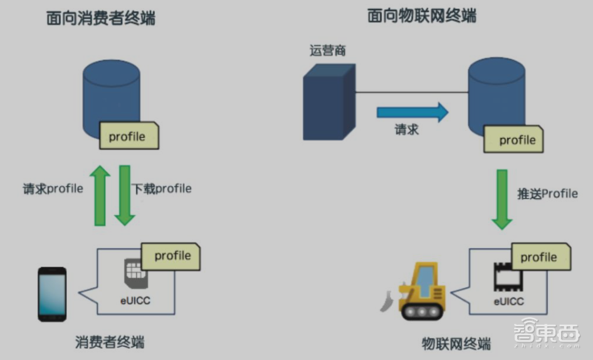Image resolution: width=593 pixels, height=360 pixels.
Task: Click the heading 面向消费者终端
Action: pyautogui.click(x=101, y=19)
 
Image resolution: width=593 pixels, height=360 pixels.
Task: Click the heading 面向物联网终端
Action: pyautogui.click(x=422, y=16)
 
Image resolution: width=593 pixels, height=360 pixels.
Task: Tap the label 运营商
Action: pyautogui.click(x=327, y=50)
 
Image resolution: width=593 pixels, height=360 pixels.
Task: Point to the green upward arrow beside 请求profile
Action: pyautogui.click(x=100, y=196)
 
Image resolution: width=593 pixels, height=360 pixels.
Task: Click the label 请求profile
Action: pyautogui.click(x=53, y=189)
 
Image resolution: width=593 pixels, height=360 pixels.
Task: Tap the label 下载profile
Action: pyautogui.click(x=162, y=189)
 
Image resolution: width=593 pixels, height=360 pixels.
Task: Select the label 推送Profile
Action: pyautogui.click(x=547, y=193)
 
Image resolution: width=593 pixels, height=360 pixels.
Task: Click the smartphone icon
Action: pyautogui.click(x=52, y=294)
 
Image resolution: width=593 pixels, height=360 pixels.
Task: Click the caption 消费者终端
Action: pyautogui.click(x=110, y=342)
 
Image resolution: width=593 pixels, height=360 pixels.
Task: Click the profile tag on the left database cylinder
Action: pyautogui.click(x=128, y=136)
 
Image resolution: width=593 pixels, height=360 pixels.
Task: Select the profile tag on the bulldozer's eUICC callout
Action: pyautogui.click(x=540, y=257)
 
